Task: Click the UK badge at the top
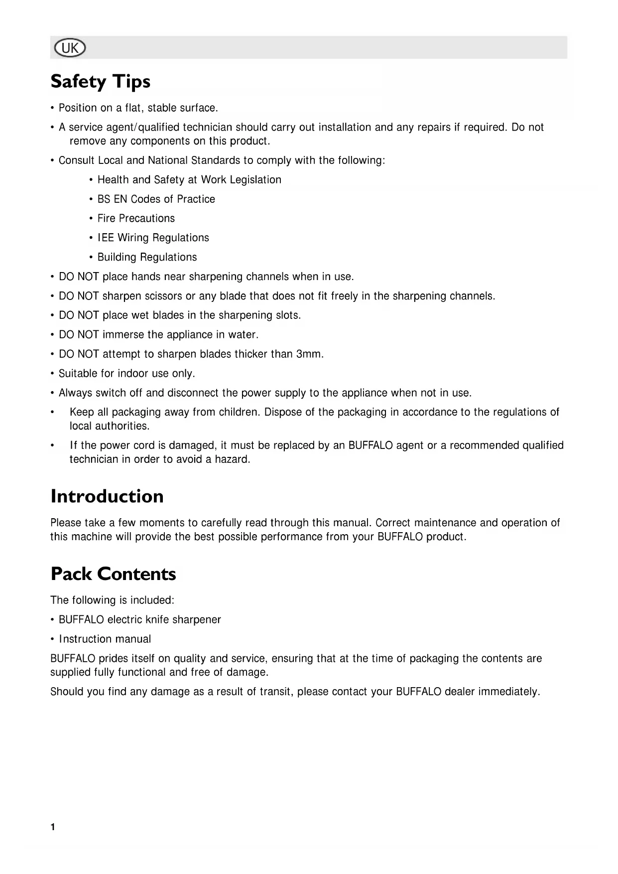tap(70, 48)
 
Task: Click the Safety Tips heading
tap(100, 81)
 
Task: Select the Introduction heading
tap(107, 496)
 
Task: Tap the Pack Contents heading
tap(113, 574)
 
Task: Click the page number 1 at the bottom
tap(53, 828)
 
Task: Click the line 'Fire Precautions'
tap(136, 218)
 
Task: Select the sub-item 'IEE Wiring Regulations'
tap(153, 238)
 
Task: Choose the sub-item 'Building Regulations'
tap(147, 257)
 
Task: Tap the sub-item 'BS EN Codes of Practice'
tap(156, 199)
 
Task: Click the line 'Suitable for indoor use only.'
tap(126, 374)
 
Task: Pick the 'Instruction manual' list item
tap(105, 639)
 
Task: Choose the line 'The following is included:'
tap(112, 600)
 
